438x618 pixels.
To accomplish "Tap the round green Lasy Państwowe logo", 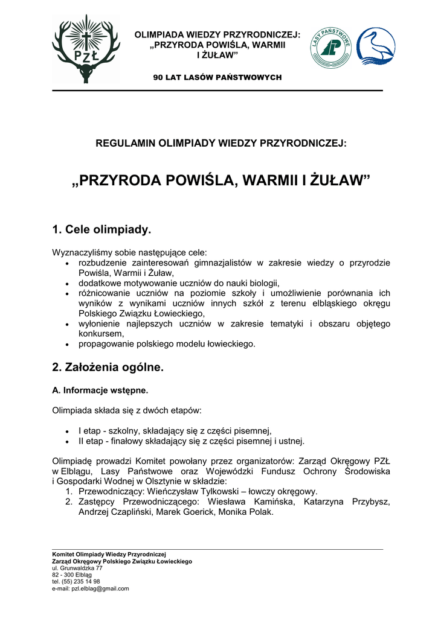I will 330,48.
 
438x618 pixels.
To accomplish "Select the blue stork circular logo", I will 375,47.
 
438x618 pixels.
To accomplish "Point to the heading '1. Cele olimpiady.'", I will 101,230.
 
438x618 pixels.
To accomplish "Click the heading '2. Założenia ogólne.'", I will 108,367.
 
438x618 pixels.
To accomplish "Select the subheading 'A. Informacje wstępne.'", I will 100,390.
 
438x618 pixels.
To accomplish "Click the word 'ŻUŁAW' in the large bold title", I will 338,180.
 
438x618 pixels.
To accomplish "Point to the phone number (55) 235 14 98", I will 81,581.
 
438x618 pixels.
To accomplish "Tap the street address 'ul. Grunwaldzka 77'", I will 77,568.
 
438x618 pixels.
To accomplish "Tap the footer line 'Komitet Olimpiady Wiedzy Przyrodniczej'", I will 109,554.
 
